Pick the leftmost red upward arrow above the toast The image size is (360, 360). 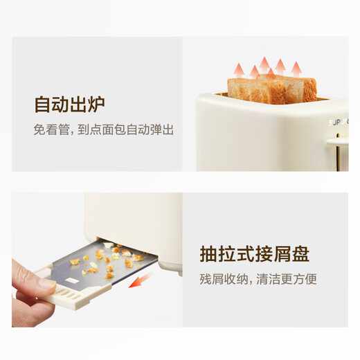click(x=237, y=69)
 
